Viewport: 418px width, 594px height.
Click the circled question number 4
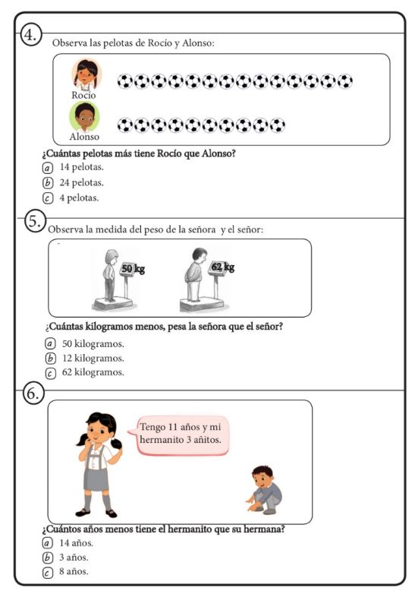point(30,35)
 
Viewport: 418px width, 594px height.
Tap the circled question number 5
point(35,221)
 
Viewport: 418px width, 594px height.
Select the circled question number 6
point(33,393)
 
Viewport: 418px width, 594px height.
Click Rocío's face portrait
point(86,74)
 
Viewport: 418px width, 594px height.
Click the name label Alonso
point(84,137)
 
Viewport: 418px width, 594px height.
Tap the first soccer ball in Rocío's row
point(125,81)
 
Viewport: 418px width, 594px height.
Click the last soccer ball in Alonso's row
point(278,125)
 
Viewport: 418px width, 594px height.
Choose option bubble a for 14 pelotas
point(46,167)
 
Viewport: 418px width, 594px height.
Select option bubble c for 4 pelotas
point(47,198)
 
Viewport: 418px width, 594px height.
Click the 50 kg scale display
point(133,269)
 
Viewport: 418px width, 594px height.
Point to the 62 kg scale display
point(222,267)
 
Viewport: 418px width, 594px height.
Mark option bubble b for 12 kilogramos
point(50,358)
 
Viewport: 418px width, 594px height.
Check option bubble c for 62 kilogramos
point(50,373)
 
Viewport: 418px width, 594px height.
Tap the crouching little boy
point(265,490)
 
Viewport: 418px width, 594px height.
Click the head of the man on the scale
point(199,255)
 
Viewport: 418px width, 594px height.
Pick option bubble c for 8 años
point(47,573)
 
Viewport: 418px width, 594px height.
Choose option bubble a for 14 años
point(47,543)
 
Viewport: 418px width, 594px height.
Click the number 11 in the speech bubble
point(173,427)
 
